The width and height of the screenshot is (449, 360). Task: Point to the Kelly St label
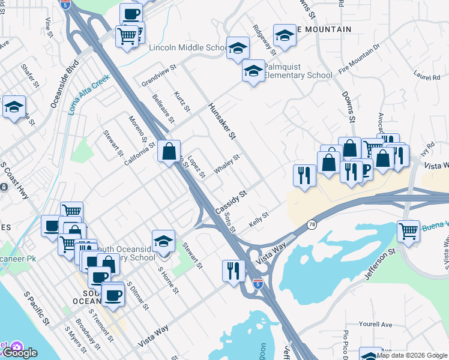coord(259,221)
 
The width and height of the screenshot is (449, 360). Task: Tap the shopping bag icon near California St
coord(169,150)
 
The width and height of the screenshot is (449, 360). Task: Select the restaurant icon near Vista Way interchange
coord(233,270)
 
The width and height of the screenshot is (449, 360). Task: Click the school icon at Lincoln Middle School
coord(238,48)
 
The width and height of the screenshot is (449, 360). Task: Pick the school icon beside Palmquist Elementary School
coord(254,71)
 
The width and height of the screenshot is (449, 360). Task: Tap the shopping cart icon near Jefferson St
coord(408,231)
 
